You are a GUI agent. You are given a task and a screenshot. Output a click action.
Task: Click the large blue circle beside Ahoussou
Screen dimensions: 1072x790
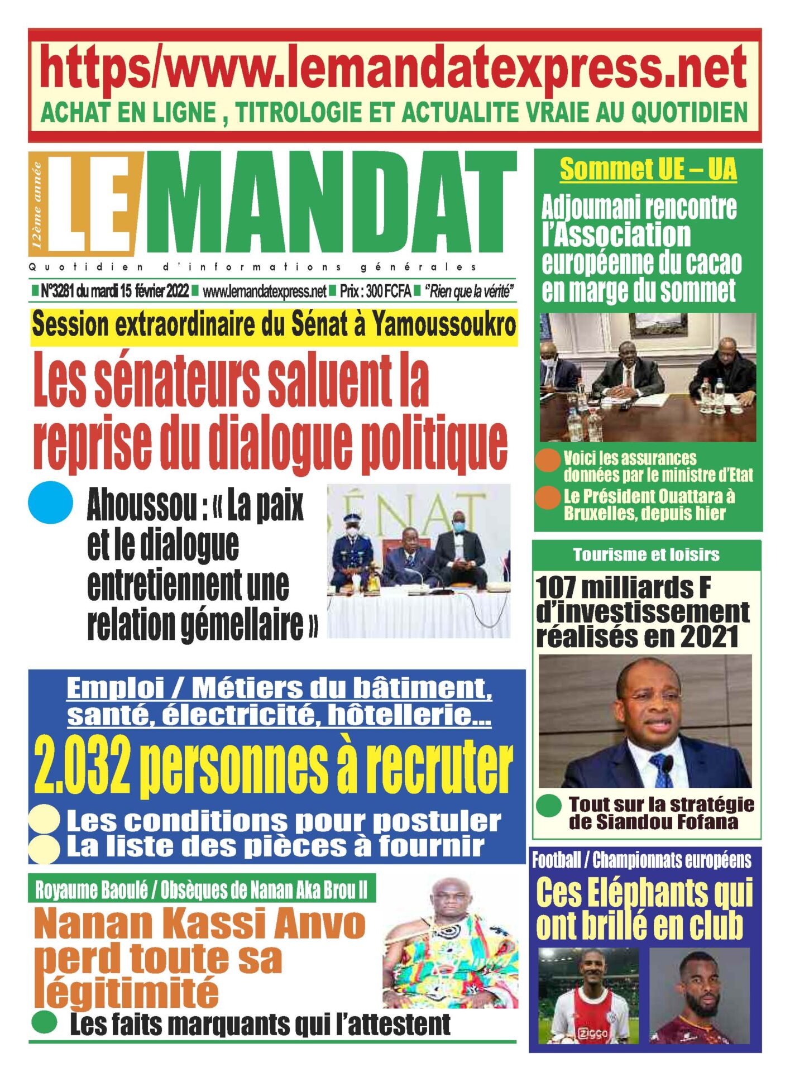tap(50, 502)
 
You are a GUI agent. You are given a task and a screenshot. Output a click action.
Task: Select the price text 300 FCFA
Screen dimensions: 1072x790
tap(388, 291)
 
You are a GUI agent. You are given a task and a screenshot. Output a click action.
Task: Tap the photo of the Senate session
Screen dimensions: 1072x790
tap(418, 561)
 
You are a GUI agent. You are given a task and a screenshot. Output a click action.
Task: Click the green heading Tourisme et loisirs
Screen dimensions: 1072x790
tap(646, 554)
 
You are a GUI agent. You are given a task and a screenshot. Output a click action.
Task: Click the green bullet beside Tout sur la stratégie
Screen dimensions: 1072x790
tap(548, 806)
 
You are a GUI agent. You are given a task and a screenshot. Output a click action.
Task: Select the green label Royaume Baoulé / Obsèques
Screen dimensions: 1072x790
tap(202, 890)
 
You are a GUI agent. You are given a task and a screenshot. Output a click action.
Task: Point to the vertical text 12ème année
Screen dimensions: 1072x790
tap(37, 204)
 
